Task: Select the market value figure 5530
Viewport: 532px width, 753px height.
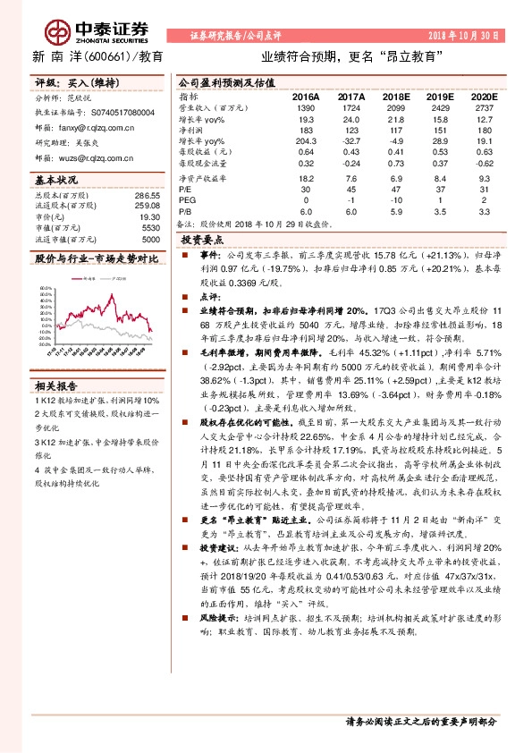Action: pos(152,228)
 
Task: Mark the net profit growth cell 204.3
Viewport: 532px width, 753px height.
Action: pos(305,140)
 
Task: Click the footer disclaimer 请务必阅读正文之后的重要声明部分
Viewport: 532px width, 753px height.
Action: pos(419,720)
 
